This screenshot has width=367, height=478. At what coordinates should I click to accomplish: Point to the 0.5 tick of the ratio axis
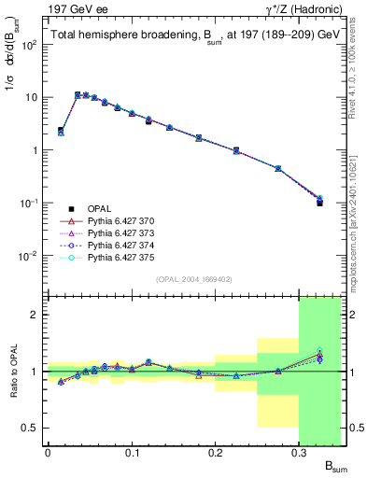[x=32, y=428]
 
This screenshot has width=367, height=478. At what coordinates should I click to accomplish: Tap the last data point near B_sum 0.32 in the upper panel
[x=319, y=201]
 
